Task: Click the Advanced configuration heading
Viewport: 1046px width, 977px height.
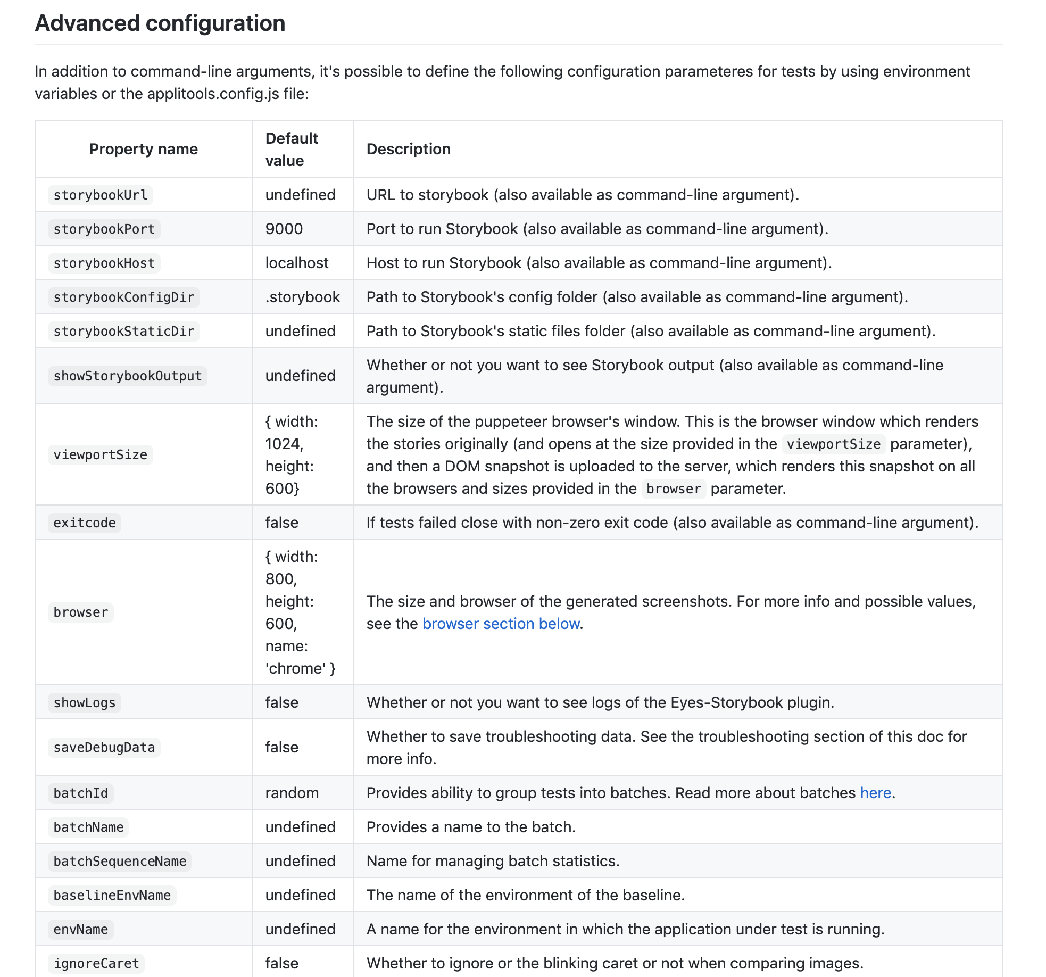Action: click(x=160, y=23)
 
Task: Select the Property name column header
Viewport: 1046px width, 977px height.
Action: click(x=143, y=149)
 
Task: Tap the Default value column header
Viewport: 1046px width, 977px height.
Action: click(x=292, y=149)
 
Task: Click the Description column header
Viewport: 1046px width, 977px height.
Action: click(x=408, y=149)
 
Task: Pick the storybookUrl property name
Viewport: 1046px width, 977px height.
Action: click(x=101, y=195)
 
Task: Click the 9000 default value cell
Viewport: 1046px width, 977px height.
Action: click(x=284, y=229)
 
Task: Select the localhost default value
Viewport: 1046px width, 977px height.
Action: click(x=297, y=263)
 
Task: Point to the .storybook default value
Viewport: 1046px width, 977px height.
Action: click(x=302, y=297)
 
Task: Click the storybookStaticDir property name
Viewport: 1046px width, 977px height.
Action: click(x=123, y=332)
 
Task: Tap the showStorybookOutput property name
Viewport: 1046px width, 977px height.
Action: click(x=128, y=376)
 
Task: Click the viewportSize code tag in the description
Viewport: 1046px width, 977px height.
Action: click(x=833, y=444)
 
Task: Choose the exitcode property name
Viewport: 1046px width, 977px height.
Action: click(x=85, y=523)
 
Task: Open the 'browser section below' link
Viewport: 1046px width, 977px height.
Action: click(x=501, y=624)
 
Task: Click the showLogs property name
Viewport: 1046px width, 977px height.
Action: click(x=85, y=703)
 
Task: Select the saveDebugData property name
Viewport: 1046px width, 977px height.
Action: click(x=104, y=748)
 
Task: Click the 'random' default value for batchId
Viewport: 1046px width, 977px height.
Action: click(x=292, y=793)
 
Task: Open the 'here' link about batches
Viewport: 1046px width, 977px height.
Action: click(x=875, y=793)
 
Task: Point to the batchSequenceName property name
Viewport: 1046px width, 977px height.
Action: click(x=120, y=862)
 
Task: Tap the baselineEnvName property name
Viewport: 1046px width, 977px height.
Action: click(x=112, y=896)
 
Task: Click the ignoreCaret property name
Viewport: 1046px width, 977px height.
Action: click(x=96, y=964)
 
